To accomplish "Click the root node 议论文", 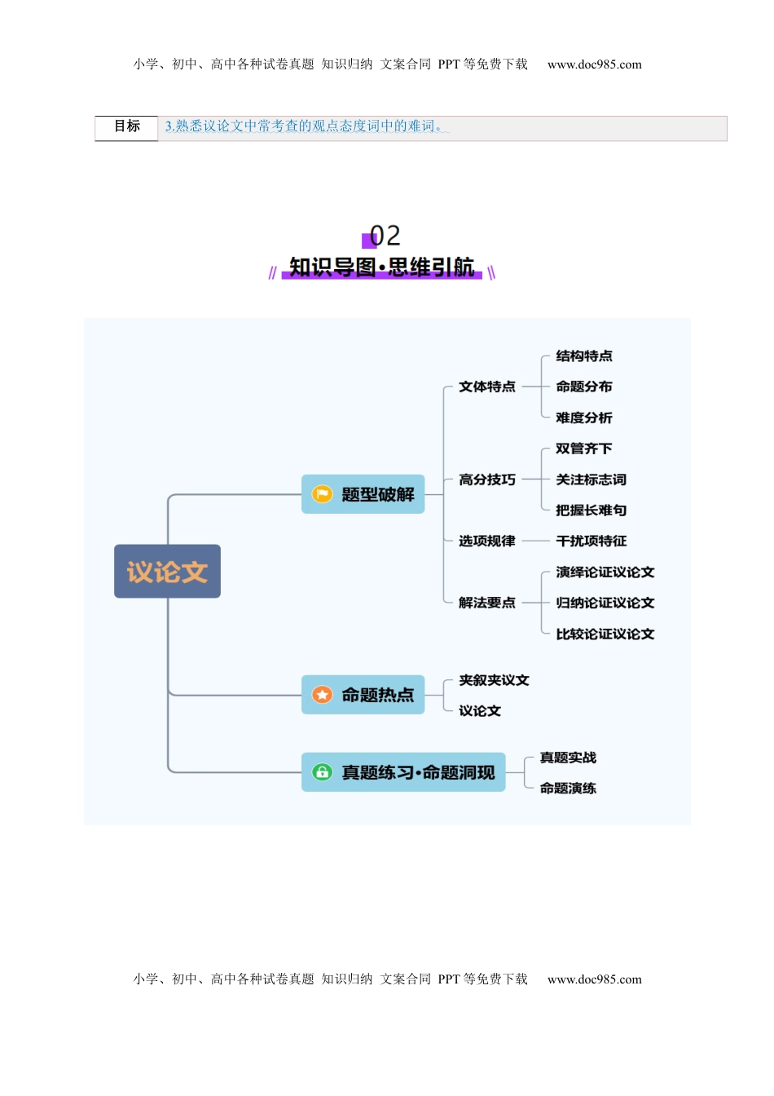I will coord(167,572).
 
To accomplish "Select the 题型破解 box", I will coord(363,494).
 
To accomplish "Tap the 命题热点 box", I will coord(363,695).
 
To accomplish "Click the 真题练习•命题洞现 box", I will coord(403,772).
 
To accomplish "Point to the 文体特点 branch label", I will coord(486,387).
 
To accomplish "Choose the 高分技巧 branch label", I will coord(486,479).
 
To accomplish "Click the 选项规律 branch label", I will coord(486,541).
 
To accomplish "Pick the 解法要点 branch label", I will coord(486,603).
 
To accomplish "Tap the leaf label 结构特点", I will coord(583,356).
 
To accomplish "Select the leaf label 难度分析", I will coord(583,418).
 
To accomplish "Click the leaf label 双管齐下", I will coord(583,449).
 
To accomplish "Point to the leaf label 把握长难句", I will coord(591,510).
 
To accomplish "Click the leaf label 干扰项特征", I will coord(591,541).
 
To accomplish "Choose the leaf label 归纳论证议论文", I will coord(605,603).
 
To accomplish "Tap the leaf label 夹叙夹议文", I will coord(494,680).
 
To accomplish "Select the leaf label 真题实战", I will coord(568,758).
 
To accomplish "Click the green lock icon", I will coord(323,772).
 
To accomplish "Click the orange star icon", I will coord(323,695).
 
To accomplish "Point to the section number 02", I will coord(385,236).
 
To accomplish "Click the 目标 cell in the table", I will coord(127,126).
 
